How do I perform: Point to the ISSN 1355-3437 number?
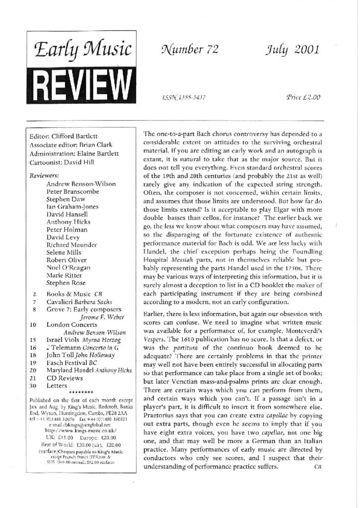[x=180, y=98]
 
